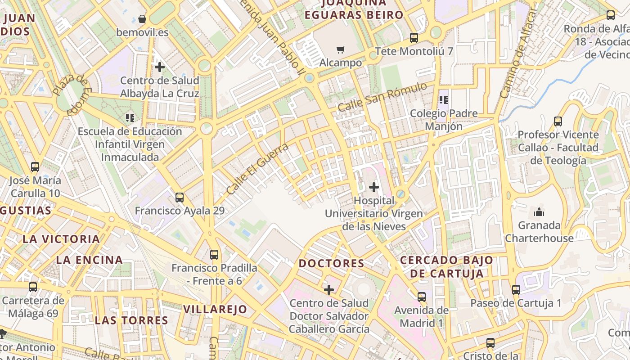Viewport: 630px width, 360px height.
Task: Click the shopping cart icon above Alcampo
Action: tap(341, 49)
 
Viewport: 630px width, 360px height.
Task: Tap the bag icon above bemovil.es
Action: tap(142, 19)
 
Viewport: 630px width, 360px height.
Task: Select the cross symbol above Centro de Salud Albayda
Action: tap(159, 67)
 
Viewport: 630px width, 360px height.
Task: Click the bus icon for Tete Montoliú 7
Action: tap(414, 38)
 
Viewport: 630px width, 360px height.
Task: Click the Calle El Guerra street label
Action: tap(257, 169)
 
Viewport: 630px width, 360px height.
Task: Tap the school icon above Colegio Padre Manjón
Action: tap(444, 100)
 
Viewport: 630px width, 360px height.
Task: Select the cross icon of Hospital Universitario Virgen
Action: tap(374, 187)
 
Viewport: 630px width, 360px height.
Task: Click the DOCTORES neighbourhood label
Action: tap(332, 263)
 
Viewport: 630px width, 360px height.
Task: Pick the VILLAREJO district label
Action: tap(215, 309)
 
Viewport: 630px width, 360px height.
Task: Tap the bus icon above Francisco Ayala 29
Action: tap(180, 197)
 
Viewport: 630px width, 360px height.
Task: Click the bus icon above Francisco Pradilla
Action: tap(214, 255)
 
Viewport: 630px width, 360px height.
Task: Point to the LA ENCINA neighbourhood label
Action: tap(90, 260)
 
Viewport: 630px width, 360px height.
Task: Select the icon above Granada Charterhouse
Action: tap(539, 212)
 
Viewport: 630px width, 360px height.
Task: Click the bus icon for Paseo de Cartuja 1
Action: tap(516, 290)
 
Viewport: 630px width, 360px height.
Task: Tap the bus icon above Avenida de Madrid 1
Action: tap(422, 297)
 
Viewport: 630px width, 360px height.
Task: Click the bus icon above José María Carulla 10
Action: tap(35, 167)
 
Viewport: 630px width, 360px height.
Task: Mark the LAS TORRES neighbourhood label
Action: tap(131, 320)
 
